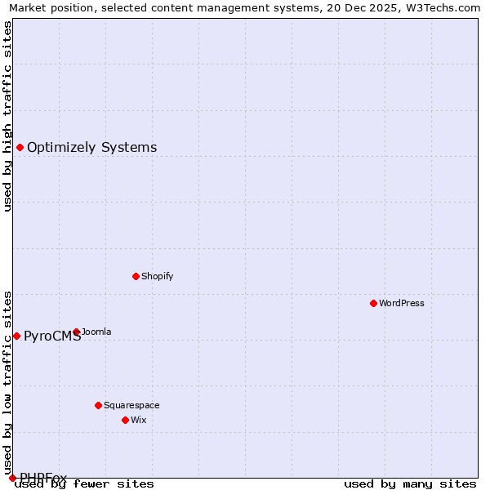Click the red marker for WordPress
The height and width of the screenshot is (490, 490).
click(373, 303)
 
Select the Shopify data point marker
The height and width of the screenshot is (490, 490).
click(136, 276)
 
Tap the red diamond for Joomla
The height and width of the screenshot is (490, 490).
click(77, 332)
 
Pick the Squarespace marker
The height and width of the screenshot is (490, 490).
click(98, 405)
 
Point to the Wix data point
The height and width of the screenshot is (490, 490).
click(125, 420)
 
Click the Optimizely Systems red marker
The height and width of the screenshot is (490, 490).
click(20, 147)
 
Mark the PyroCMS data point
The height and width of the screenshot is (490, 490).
click(16, 336)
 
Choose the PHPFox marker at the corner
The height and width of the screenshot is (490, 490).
click(12, 478)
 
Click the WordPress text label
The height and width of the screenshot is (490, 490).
click(402, 303)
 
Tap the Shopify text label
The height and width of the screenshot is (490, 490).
click(157, 276)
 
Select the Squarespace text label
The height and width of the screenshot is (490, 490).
click(131, 405)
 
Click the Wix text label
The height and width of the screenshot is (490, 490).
click(139, 420)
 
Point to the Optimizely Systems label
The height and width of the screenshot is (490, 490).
click(91, 147)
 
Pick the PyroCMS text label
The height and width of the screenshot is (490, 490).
click(52, 336)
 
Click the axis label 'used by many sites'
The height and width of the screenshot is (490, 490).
click(410, 483)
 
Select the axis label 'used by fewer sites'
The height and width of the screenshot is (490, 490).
click(85, 483)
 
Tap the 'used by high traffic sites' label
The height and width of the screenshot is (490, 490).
click(7, 116)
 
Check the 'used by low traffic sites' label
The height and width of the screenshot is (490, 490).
click(7, 376)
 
